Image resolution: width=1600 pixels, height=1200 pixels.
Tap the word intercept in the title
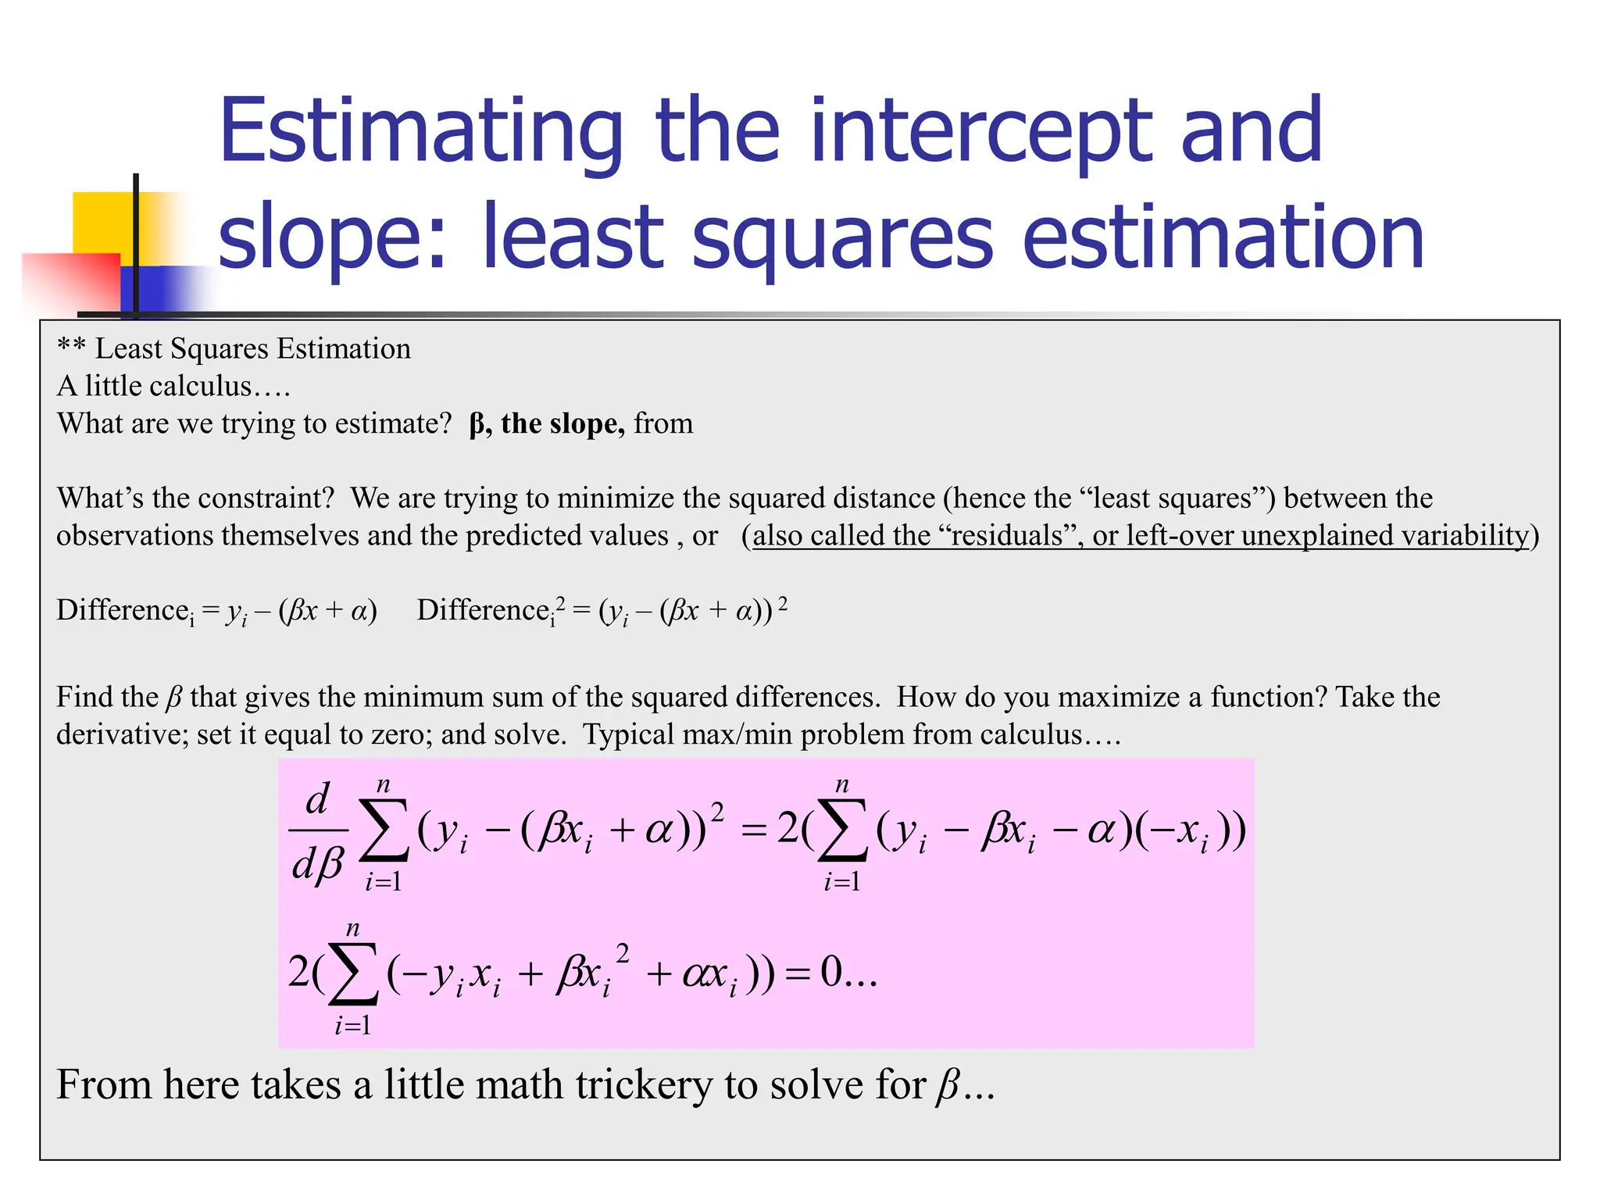coord(981,133)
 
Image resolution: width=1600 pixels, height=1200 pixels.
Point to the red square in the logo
coord(70,281)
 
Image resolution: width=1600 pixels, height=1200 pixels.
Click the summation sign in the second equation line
coord(353,974)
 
